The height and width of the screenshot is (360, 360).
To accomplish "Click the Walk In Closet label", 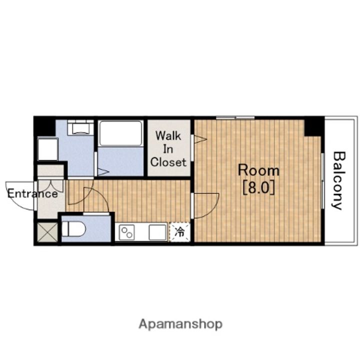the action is (x=168, y=149).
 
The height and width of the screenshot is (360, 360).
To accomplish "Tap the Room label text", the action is (x=258, y=170).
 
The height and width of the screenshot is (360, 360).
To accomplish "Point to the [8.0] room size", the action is (x=258, y=187).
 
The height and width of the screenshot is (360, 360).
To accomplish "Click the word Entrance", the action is (x=32, y=194).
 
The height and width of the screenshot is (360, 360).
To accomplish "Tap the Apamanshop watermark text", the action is (x=180, y=324).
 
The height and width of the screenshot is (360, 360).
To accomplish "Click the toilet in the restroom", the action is (x=73, y=229).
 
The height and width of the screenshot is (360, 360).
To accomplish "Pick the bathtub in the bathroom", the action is (x=121, y=133).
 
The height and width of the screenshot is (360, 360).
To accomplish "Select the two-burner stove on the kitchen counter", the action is (x=126, y=232).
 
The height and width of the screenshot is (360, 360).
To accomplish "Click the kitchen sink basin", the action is (x=157, y=232).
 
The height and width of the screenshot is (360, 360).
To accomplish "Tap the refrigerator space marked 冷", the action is (x=179, y=232).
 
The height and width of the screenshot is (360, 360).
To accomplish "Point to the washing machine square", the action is (x=47, y=149).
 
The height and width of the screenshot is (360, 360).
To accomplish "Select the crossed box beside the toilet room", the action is (x=47, y=232).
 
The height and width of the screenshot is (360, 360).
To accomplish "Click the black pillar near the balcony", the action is (x=314, y=126).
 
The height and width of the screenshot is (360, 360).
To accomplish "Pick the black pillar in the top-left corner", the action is (x=44, y=126).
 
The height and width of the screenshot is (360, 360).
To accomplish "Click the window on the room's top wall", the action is (x=235, y=118).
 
